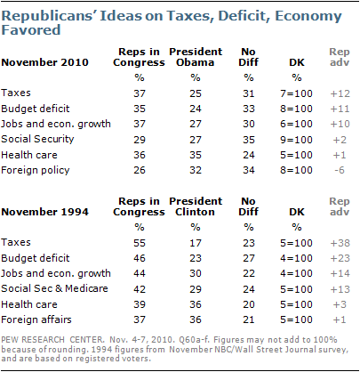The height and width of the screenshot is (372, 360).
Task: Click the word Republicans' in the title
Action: pos(48,16)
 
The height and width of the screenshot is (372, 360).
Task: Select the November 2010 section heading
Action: pos(44,62)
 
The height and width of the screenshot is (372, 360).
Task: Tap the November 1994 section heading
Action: pos(44,212)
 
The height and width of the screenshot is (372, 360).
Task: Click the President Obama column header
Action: pos(196,57)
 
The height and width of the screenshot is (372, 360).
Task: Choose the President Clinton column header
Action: pos(196,206)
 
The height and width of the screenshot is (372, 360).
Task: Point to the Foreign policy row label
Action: pos(36,170)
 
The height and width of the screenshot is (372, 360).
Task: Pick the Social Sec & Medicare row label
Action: pos(54,288)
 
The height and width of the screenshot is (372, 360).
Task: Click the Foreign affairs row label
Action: pos(36,319)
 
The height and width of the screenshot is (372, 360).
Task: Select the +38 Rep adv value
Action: pos(340,243)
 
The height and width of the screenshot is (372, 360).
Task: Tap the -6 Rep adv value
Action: pos(340,170)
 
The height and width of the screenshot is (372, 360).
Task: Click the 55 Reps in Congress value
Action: pos(140,243)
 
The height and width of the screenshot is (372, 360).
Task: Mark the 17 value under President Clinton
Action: pos(196,243)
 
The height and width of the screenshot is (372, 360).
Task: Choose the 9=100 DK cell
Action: pos(296,140)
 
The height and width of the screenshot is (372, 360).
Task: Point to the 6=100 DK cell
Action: pos(296,124)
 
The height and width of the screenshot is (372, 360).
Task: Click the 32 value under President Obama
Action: pos(196,170)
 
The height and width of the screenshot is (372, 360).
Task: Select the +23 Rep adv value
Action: pos(340,258)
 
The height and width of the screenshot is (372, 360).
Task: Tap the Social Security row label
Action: pos(37,139)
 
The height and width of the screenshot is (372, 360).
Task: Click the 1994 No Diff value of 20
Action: pos(249,304)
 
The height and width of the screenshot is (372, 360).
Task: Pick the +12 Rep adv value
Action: pos(340,93)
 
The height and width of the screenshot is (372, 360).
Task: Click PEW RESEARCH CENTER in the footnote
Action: pos(52,340)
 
